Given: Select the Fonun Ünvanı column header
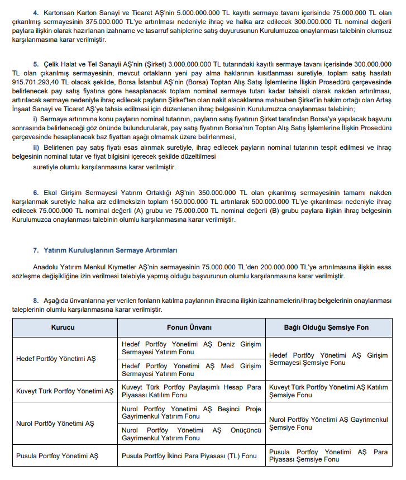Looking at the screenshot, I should [191, 327].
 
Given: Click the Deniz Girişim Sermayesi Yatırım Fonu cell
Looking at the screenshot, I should [191, 349].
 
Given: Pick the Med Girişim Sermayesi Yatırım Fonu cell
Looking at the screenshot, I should [191, 370].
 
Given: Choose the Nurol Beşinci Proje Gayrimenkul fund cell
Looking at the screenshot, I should [191, 412].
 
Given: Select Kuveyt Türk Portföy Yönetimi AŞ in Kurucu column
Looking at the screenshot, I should [65, 391].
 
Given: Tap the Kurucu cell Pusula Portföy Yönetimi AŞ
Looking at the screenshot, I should [58, 455].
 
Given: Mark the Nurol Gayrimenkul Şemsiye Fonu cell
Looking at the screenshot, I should [328, 423].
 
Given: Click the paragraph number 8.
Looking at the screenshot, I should [36, 300].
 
